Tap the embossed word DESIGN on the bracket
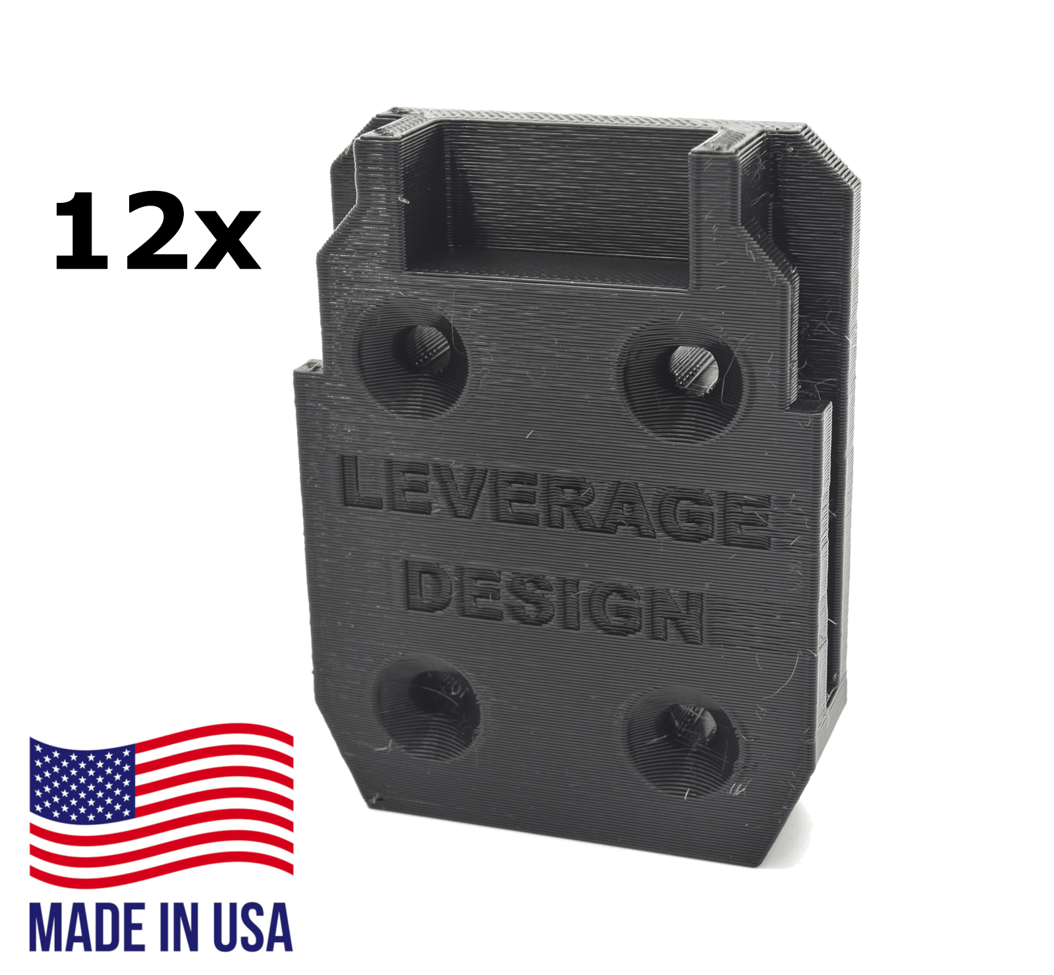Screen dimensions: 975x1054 [x=553, y=603]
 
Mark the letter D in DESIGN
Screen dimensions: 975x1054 [x=428, y=586]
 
